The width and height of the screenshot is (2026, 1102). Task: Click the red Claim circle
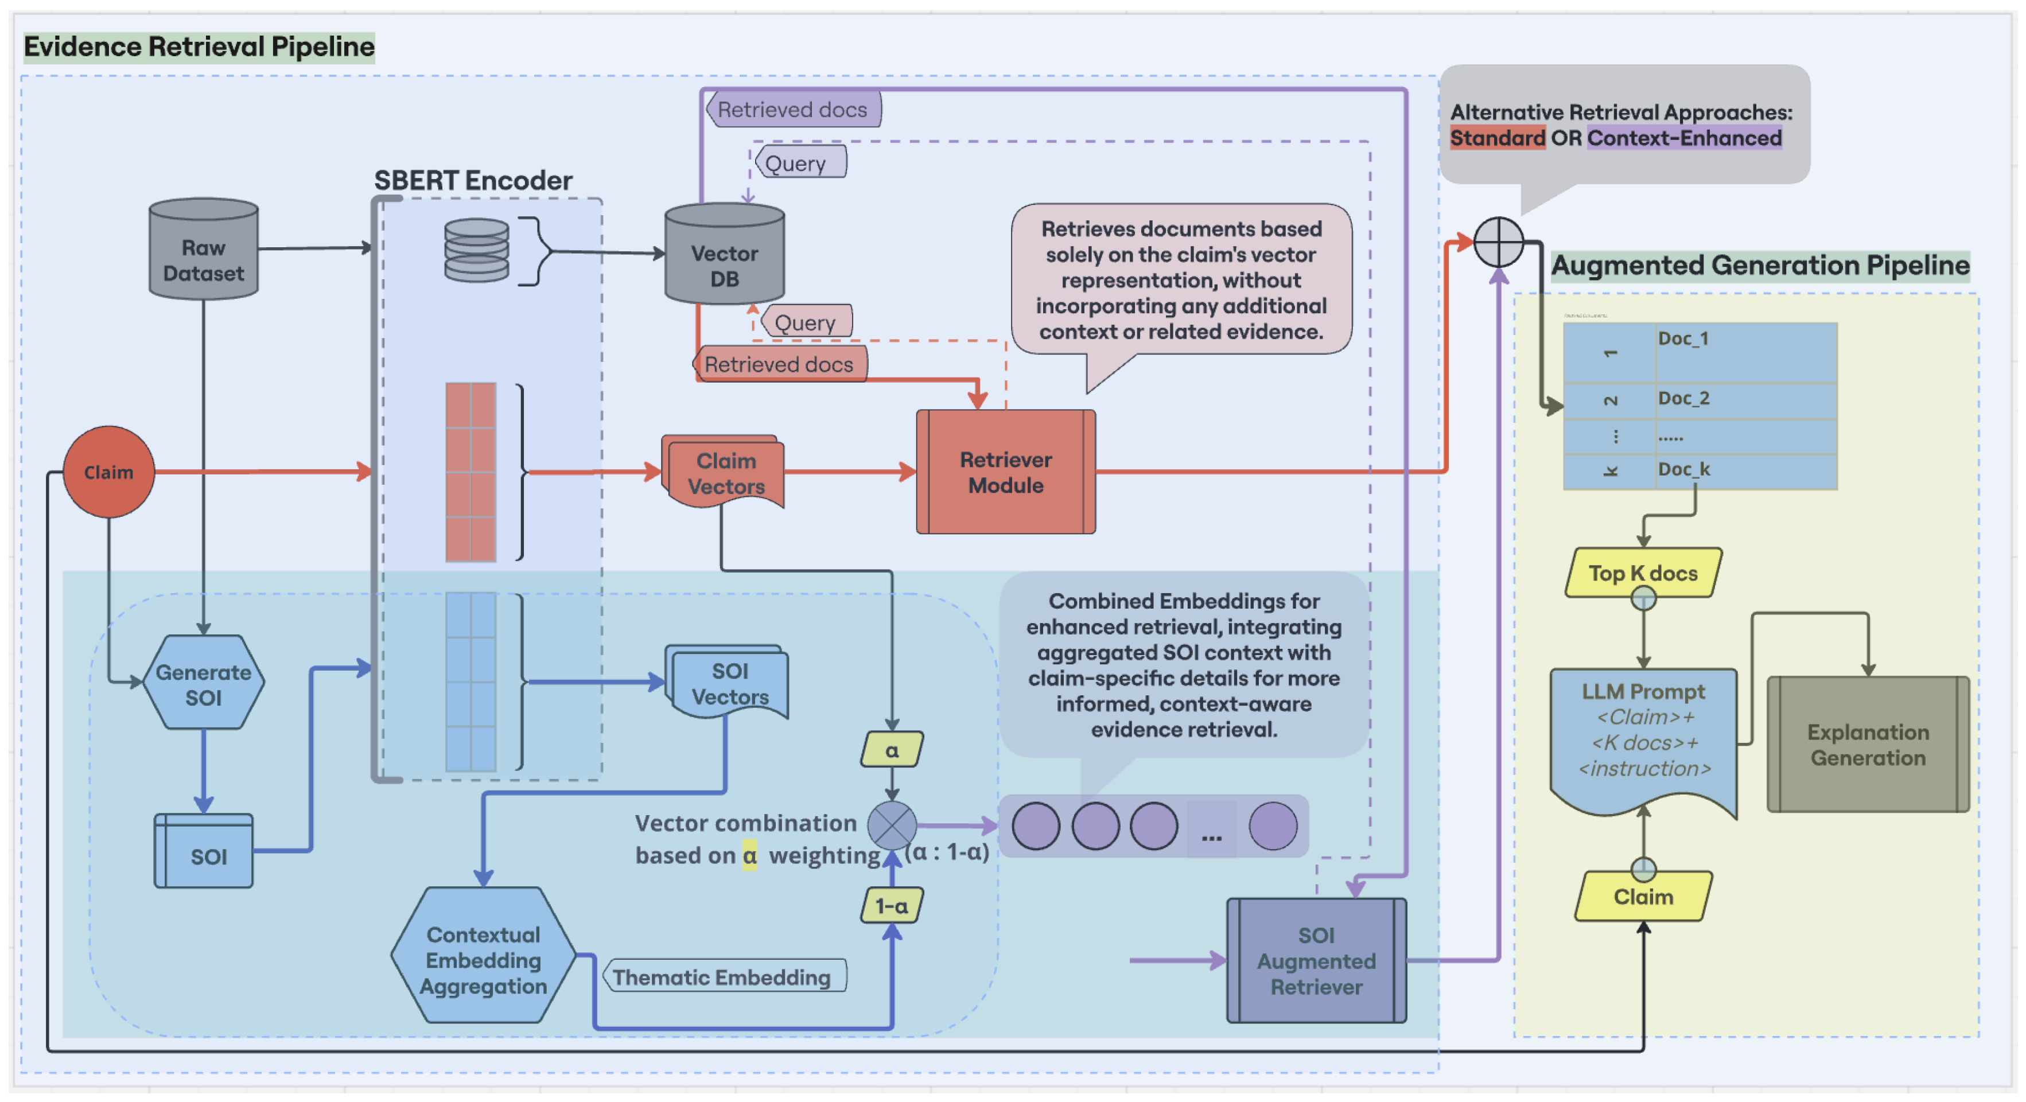[x=108, y=472]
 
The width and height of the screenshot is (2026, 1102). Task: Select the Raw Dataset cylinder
[x=204, y=250]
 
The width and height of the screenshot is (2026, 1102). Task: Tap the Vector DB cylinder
[x=724, y=256]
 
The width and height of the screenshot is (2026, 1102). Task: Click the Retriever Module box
[x=1005, y=472]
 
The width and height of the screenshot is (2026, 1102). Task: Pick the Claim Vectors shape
[x=724, y=472]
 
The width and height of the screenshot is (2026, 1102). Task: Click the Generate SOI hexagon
[x=204, y=683]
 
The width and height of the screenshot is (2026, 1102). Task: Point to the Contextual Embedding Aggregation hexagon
[x=483, y=958]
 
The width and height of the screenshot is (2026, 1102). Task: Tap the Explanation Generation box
[x=1867, y=744]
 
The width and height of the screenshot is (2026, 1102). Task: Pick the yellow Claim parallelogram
[x=1642, y=896]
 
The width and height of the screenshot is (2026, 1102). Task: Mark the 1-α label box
[x=891, y=905]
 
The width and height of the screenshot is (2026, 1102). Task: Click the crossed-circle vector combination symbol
[x=891, y=825]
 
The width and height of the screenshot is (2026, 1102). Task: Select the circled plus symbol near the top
[x=1498, y=242]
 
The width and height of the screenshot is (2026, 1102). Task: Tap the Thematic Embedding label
[x=721, y=976]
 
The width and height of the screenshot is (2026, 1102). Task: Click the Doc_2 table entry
[x=1683, y=399]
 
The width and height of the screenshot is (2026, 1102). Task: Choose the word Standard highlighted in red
[x=1496, y=138]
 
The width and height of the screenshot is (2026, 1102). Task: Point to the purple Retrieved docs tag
[x=793, y=110]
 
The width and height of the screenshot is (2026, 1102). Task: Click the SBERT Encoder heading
[x=473, y=180]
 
